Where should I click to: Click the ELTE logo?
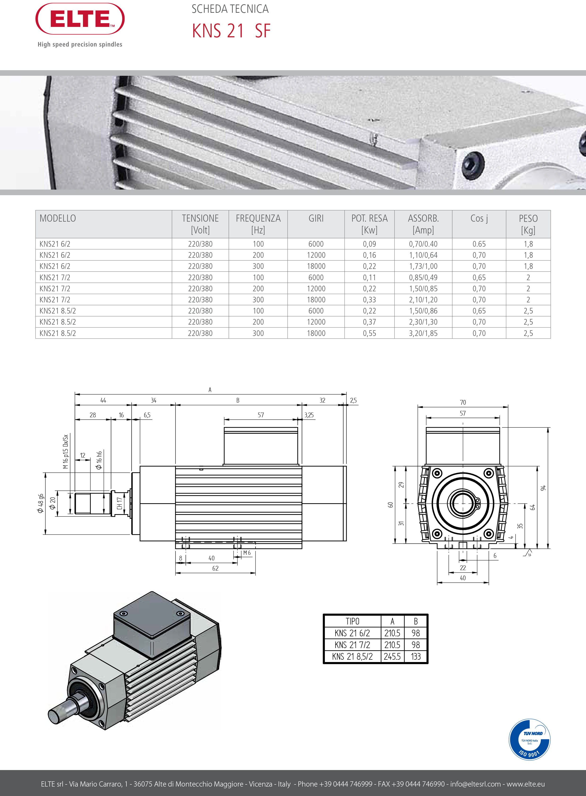click(80, 19)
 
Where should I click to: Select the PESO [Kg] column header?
click(528, 224)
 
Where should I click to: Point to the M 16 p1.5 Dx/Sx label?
click(65, 451)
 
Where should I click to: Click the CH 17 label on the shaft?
click(120, 503)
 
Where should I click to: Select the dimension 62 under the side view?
click(215, 568)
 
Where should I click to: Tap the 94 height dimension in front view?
click(543, 488)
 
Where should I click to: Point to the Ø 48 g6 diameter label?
click(40, 503)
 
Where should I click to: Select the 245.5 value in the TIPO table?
click(392, 657)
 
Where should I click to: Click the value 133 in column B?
click(415, 657)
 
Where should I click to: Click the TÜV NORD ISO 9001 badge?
click(529, 740)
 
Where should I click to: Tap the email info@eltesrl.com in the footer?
click(475, 784)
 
